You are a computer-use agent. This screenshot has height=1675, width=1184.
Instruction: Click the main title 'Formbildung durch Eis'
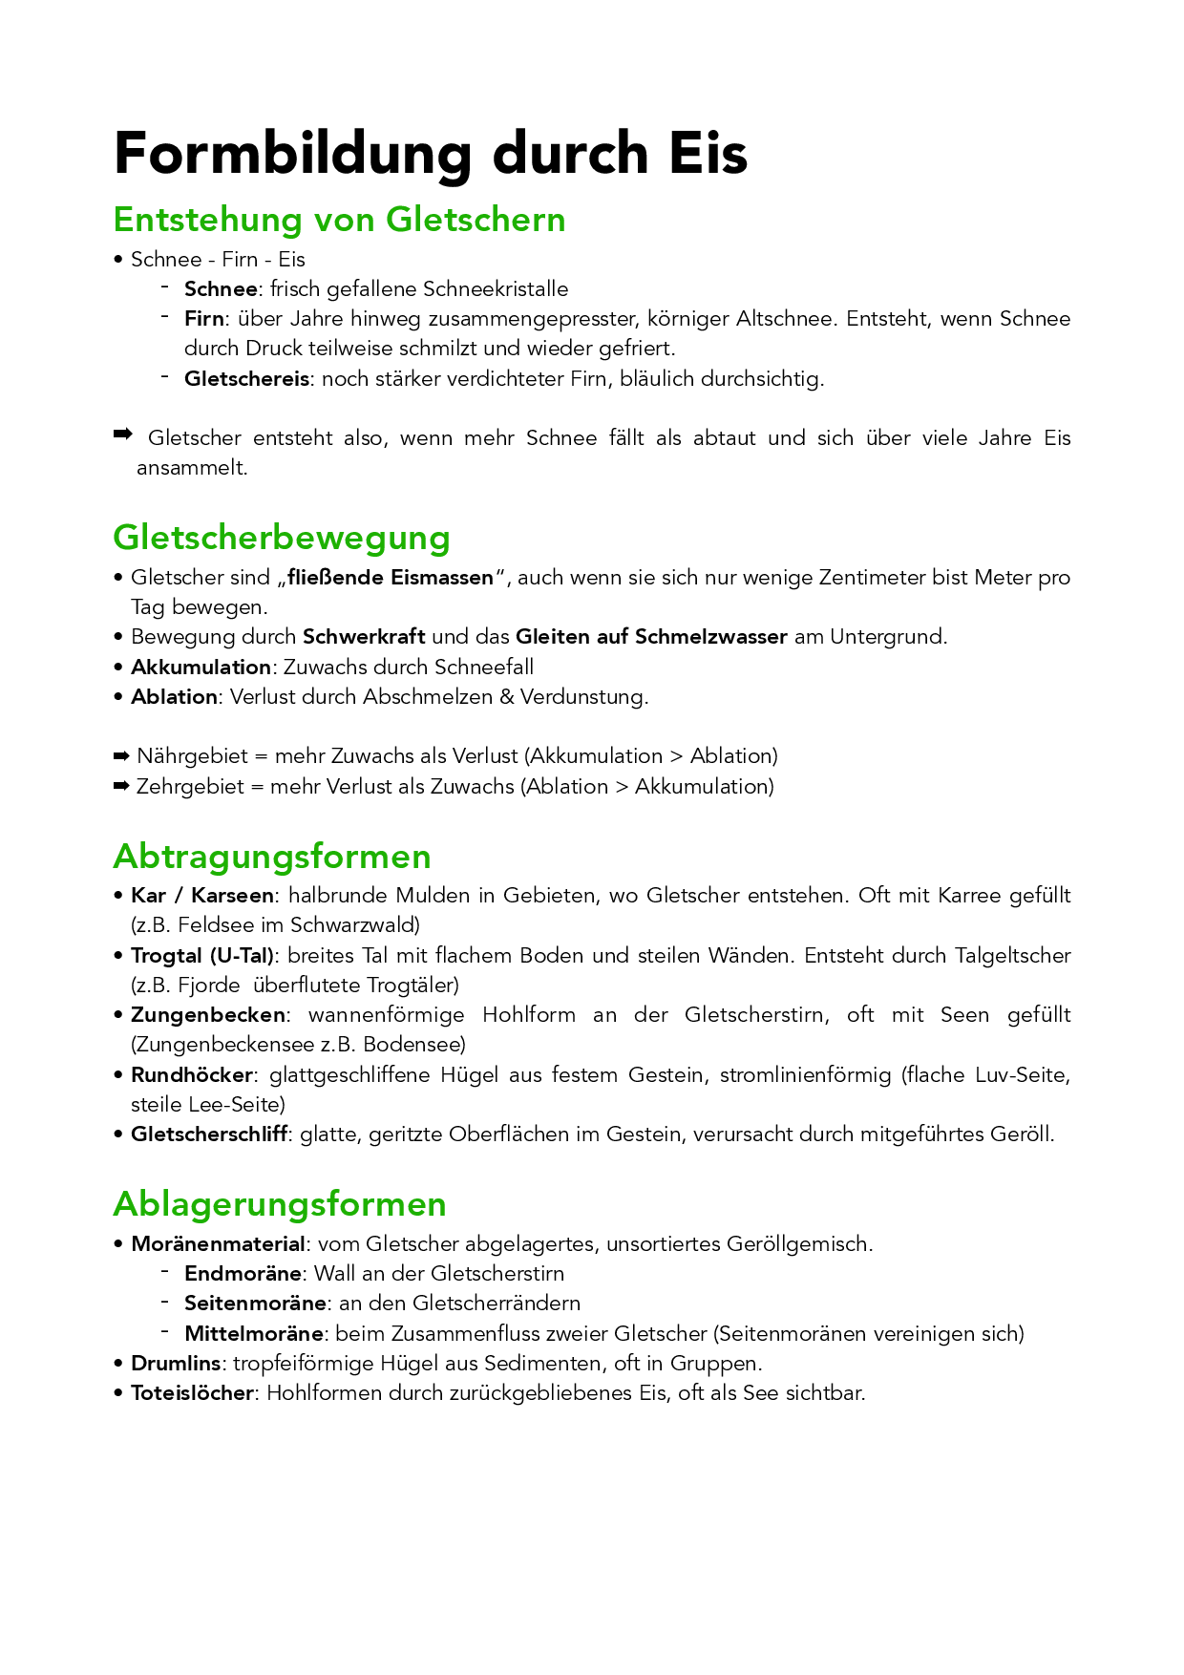click(x=430, y=154)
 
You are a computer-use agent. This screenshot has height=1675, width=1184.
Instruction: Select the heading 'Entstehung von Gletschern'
click(x=339, y=220)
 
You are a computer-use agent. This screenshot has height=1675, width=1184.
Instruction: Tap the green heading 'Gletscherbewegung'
click(x=282, y=538)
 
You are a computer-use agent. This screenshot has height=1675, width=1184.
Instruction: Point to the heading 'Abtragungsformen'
click(x=272, y=857)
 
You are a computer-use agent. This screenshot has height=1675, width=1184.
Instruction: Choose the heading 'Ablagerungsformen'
click(x=280, y=1204)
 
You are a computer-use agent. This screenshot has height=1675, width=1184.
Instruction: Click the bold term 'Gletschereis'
click(x=246, y=379)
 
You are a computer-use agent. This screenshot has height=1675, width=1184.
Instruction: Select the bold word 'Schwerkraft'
click(x=364, y=637)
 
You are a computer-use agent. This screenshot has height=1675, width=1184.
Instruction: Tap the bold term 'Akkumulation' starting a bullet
click(x=201, y=668)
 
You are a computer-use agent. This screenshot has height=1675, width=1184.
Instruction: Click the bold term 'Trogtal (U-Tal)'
click(x=202, y=956)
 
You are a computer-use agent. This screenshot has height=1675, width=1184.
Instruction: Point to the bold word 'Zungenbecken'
click(x=208, y=1015)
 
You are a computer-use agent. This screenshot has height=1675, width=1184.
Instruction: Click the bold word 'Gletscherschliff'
click(x=209, y=1134)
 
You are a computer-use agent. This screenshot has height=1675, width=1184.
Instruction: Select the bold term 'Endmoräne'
click(x=243, y=1274)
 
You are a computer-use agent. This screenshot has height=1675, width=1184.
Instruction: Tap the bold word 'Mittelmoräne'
click(x=254, y=1333)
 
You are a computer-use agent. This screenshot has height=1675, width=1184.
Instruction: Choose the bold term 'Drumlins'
click(x=176, y=1364)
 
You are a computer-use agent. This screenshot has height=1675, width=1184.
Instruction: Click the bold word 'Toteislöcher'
click(x=192, y=1393)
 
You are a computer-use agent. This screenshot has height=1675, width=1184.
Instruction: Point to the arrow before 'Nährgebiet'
click(x=121, y=756)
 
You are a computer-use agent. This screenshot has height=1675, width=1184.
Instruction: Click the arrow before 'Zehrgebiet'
click(x=121, y=787)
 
